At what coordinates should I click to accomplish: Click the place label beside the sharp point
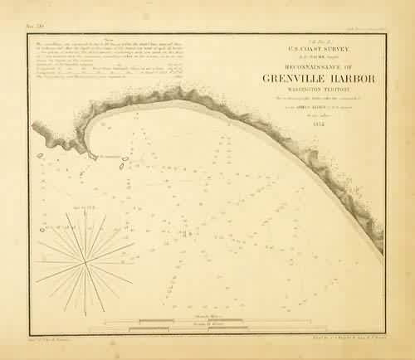110,155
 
